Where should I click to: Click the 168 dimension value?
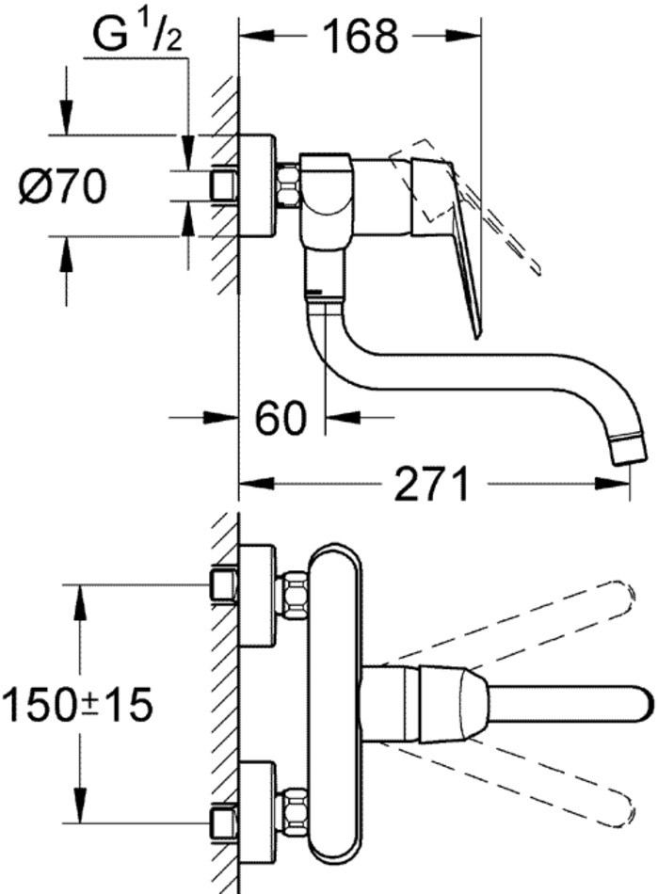tap(361, 37)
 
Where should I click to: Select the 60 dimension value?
tap(281, 417)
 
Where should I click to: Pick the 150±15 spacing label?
tap(77, 703)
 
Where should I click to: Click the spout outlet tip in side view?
tap(626, 451)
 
